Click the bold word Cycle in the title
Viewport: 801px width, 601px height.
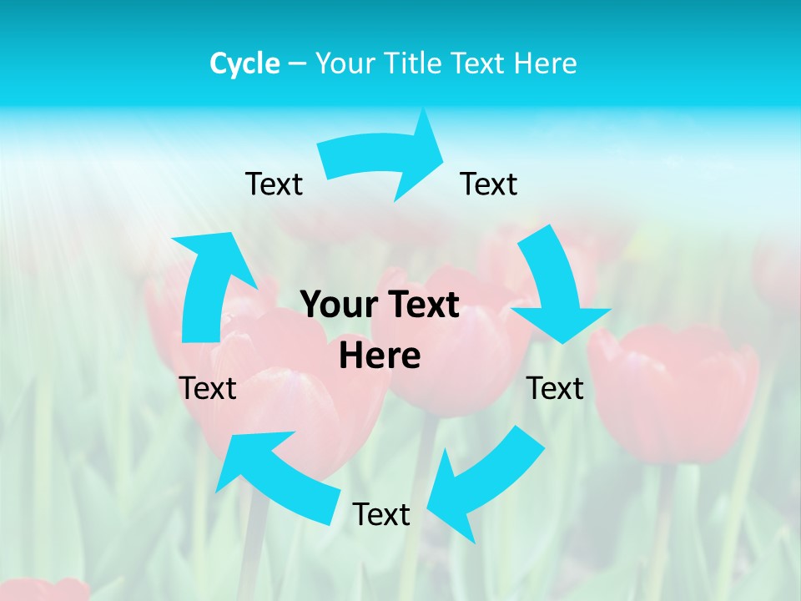pyautogui.click(x=244, y=63)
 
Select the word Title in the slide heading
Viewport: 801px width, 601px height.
pyautogui.click(x=416, y=63)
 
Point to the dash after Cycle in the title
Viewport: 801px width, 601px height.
pyautogui.click(x=297, y=64)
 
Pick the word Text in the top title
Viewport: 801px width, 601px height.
pyautogui.click(x=477, y=63)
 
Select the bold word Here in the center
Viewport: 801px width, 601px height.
pyautogui.click(x=380, y=356)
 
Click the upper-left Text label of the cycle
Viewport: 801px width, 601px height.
pyautogui.click(x=274, y=184)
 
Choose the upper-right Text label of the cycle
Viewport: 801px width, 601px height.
pyautogui.click(x=489, y=184)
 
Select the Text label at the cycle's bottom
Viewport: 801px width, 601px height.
pyautogui.click(x=381, y=514)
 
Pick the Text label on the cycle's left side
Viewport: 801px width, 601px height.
pyautogui.click(x=208, y=388)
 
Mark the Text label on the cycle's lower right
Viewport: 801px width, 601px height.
pyautogui.click(x=555, y=388)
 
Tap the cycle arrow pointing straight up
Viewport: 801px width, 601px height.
pyautogui.click(x=209, y=284)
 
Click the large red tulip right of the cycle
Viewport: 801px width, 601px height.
pyautogui.click(x=672, y=392)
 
